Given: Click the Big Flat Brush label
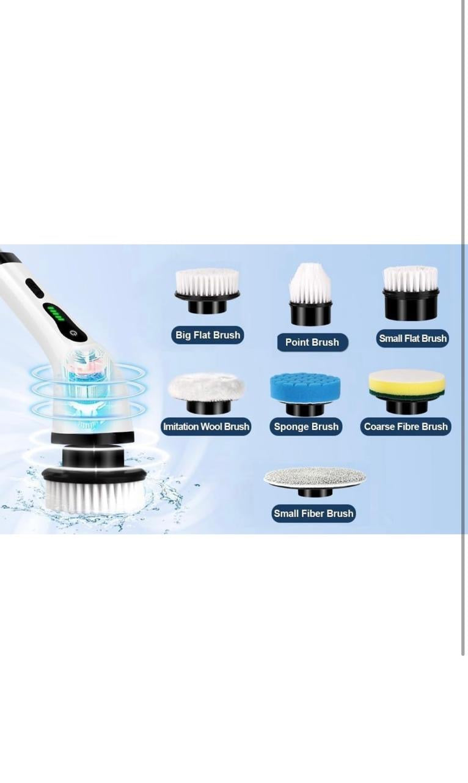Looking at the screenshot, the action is point(208,335).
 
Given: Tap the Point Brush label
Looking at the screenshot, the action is point(312,342).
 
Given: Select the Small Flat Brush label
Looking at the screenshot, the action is point(412,338).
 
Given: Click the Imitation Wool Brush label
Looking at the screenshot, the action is point(206,426).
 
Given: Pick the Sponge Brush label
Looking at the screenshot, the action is point(306,426).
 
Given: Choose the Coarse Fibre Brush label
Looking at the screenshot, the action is point(406,426).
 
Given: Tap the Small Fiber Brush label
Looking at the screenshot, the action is point(313,513).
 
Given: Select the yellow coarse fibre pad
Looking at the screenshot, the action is point(407,385).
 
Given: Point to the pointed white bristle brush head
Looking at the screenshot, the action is point(310,284).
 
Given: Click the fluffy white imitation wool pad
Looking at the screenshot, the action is point(207,387).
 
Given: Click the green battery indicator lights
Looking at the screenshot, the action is point(56,313).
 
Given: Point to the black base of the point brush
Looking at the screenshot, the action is point(310,314).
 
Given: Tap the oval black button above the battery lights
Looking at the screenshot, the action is point(35,288).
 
